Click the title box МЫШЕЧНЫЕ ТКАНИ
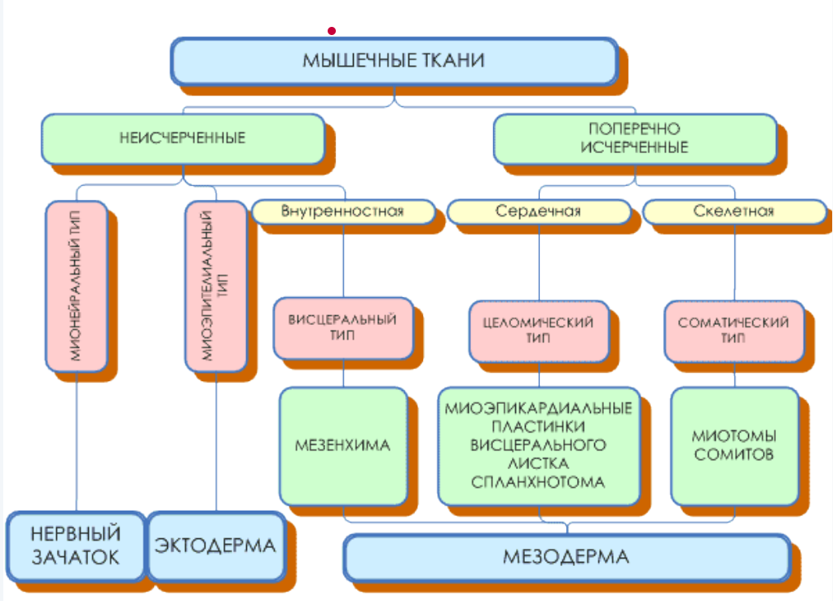click(x=394, y=61)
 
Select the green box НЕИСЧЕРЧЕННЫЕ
click(x=183, y=138)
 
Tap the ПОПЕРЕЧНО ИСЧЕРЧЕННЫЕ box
click(x=635, y=138)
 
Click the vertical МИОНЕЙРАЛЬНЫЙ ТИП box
click(x=77, y=286)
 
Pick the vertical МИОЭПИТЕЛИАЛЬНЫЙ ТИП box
click(x=216, y=286)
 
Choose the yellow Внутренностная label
click(x=343, y=212)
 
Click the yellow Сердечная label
click(x=539, y=212)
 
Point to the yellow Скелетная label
click(x=734, y=212)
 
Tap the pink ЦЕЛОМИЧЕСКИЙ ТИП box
click(x=539, y=331)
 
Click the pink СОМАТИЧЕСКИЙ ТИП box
click(x=734, y=331)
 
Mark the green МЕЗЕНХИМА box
click(x=343, y=446)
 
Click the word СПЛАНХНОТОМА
click(x=538, y=482)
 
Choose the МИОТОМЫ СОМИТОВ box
click(x=734, y=446)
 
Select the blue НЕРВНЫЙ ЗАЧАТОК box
click(x=76, y=546)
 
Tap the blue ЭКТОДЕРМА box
click(x=216, y=546)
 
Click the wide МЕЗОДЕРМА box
click(x=566, y=558)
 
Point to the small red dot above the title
click(x=332, y=31)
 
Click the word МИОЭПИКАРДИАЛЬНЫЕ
click(x=538, y=408)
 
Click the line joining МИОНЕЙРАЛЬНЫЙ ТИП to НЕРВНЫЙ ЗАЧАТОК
click(x=77, y=441)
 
